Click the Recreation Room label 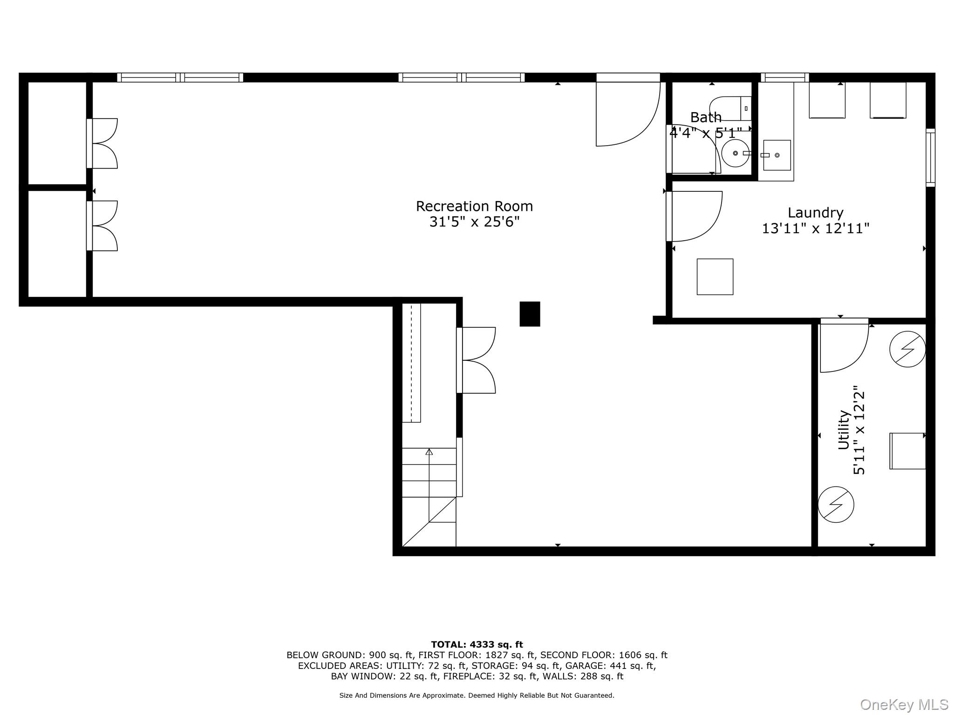click(474, 206)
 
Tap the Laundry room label click(815, 213)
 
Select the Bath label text click(706, 117)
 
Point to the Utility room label click(844, 430)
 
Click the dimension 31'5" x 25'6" click(474, 222)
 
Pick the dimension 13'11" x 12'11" click(815, 229)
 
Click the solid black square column click(530, 314)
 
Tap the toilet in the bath click(730, 108)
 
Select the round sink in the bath click(735, 153)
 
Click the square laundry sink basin click(777, 155)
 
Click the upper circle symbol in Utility click(907, 349)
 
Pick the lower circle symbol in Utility click(836, 505)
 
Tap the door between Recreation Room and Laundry click(694, 216)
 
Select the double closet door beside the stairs click(476, 360)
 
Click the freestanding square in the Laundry click(715, 277)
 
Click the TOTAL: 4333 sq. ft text click(477, 645)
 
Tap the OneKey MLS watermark click(904, 705)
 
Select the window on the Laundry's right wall click(930, 157)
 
